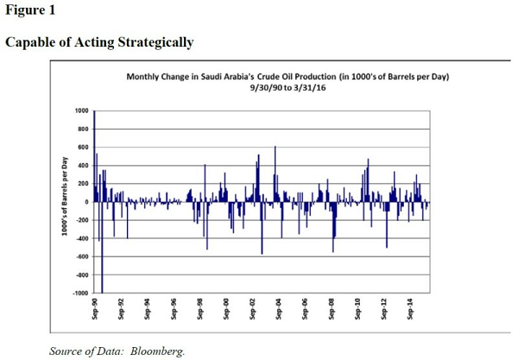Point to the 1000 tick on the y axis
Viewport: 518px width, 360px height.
tap(81, 111)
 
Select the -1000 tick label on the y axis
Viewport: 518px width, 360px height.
tap(79, 294)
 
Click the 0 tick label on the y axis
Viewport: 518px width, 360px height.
tap(86, 202)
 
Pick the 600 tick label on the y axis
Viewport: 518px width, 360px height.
tap(83, 148)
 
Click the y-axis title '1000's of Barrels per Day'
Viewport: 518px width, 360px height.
tap(65, 201)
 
